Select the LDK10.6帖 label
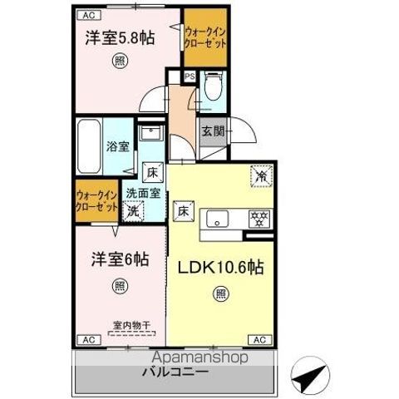point(219,268)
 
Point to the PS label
point(190,76)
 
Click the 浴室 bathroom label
point(117,148)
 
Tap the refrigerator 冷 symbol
point(260,175)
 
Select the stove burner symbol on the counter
point(258,218)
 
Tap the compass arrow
point(309,379)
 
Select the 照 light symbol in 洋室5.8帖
point(121,61)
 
